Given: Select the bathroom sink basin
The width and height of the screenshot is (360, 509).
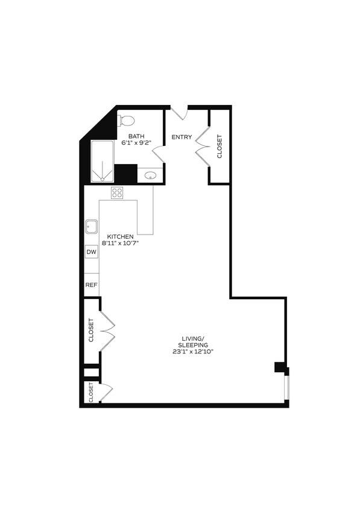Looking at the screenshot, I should pos(151,176).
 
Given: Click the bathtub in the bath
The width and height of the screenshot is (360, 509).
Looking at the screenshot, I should pos(102,162).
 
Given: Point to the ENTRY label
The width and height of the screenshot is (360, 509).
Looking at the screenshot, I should pos(182,138).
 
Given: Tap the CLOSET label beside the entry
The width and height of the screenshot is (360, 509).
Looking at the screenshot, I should pos(219,146).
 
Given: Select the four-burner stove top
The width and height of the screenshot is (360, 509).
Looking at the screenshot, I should pos(117,193).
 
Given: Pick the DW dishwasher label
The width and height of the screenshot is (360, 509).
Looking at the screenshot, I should pos(92,252).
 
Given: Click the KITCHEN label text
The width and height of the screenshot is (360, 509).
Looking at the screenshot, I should pos(121,236).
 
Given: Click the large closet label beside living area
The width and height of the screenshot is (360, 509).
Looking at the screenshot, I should pos(92,330).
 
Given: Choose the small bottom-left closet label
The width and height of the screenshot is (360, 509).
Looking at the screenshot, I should pos(91,392).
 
